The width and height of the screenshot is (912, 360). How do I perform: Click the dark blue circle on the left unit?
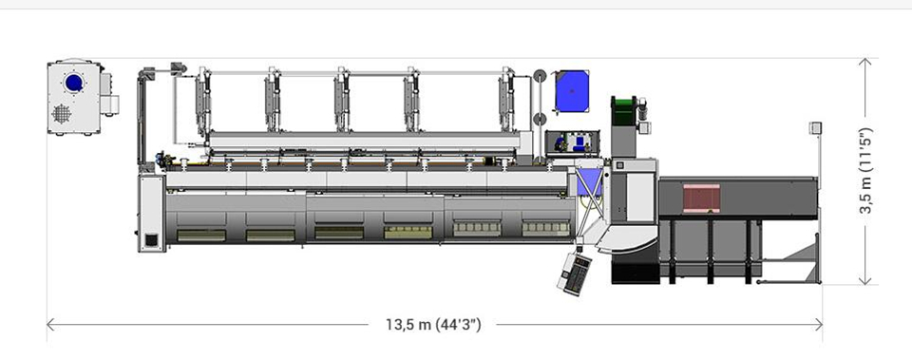(x=74, y=83)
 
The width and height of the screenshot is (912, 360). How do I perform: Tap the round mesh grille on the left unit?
(x=62, y=113)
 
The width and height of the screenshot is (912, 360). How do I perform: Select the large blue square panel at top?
(x=572, y=91)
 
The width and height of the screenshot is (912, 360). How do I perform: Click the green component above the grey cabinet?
(x=624, y=110)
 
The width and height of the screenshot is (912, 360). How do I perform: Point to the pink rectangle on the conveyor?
(x=701, y=199)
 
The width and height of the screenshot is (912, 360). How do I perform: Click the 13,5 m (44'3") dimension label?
(x=433, y=325)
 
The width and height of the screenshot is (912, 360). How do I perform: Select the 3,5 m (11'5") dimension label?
(x=866, y=170)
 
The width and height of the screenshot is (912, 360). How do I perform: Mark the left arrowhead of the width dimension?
(x=50, y=325)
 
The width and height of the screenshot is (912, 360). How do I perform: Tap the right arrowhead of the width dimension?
(x=818, y=325)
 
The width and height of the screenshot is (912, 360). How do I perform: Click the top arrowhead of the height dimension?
(x=865, y=63)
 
